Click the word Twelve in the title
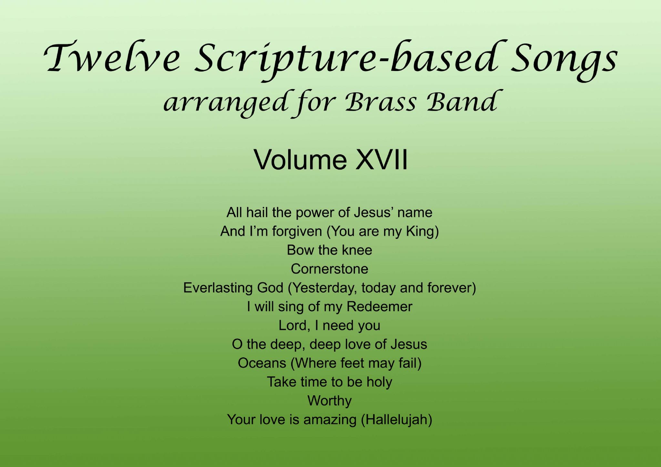(x=112, y=58)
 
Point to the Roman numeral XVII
(x=381, y=159)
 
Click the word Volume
(x=301, y=159)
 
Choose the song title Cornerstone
(x=330, y=269)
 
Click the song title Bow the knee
(x=330, y=250)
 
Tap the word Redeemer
(x=379, y=307)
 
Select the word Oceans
(x=262, y=363)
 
